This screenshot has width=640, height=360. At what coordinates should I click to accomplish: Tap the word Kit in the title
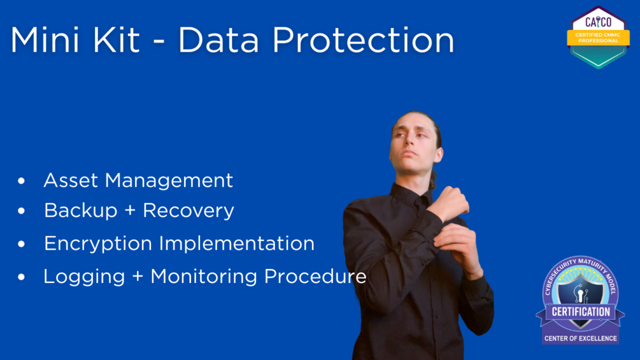coord(117,40)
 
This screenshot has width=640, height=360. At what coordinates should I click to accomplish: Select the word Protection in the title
coord(363,40)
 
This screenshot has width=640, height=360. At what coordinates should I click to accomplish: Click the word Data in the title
coord(218,40)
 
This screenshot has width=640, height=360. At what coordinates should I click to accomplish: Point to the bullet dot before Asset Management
coord(21,180)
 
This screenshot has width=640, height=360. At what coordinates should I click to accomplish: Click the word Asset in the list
coord(71,180)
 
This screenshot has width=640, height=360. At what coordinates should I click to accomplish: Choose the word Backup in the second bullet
coord(81,211)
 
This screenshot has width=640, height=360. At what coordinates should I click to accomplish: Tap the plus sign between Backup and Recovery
coord(130,210)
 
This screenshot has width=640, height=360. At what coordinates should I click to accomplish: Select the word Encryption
coord(98,244)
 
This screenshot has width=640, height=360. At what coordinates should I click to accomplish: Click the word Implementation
coord(237,243)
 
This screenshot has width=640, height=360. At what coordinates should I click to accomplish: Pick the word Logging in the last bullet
coord(84,277)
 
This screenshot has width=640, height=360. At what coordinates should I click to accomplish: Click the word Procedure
coord(315,277)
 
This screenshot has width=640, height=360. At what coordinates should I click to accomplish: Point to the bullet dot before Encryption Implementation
coord(21,243)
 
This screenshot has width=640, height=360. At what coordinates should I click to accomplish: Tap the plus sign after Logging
coord(138,277)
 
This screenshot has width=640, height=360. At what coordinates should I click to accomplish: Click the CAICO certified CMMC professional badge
coord(598,37)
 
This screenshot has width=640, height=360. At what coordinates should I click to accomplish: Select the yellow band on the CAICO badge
coord(598,38)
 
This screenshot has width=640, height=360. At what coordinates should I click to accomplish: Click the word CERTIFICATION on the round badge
coord(581,312)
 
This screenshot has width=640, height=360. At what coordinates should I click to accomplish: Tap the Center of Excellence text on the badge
coord(580,338)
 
